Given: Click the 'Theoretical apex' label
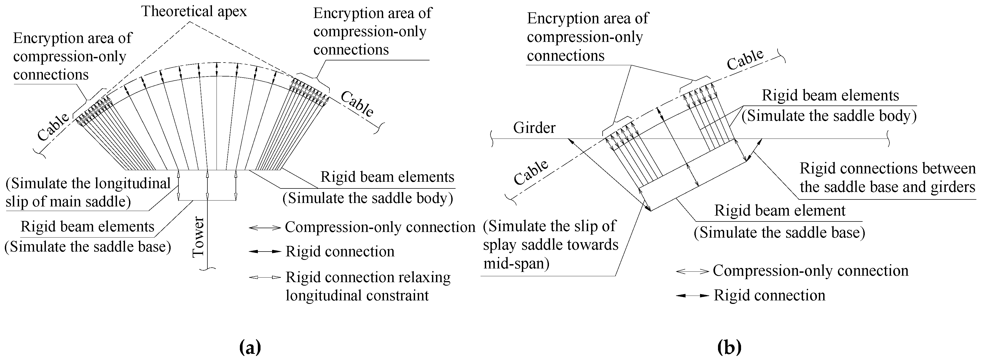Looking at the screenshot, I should (194, 12).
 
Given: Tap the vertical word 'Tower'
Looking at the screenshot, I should (199, 237).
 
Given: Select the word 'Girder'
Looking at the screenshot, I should (534, 128).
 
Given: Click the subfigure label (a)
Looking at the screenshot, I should (250, 347).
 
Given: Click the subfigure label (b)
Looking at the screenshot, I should (729, 347).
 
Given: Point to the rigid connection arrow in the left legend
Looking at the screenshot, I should (265, 252).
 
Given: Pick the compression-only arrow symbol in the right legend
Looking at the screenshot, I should (692, 271).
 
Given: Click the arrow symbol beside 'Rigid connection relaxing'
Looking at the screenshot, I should (265, 277).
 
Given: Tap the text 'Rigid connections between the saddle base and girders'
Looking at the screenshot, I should (887, 178).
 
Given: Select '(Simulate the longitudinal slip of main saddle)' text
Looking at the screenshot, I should (88, 192).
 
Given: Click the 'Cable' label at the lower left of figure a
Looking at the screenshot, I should (53, 127).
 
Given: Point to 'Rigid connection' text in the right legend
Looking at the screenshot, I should (769, 296).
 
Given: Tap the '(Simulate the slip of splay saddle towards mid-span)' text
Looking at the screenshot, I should (550, 245).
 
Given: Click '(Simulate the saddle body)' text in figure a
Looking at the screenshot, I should (368, 198).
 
